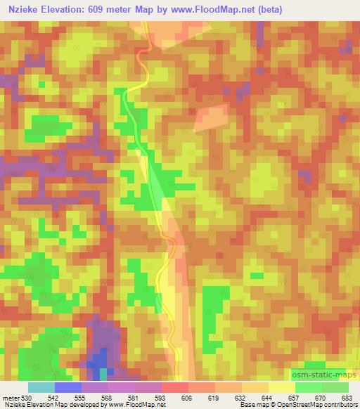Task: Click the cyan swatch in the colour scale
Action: pyautogui.click(x=42, y=387)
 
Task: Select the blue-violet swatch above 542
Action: pyautogui.click(x=68, y=387)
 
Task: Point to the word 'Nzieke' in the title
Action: pyautogui.click(x=22, y=10)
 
